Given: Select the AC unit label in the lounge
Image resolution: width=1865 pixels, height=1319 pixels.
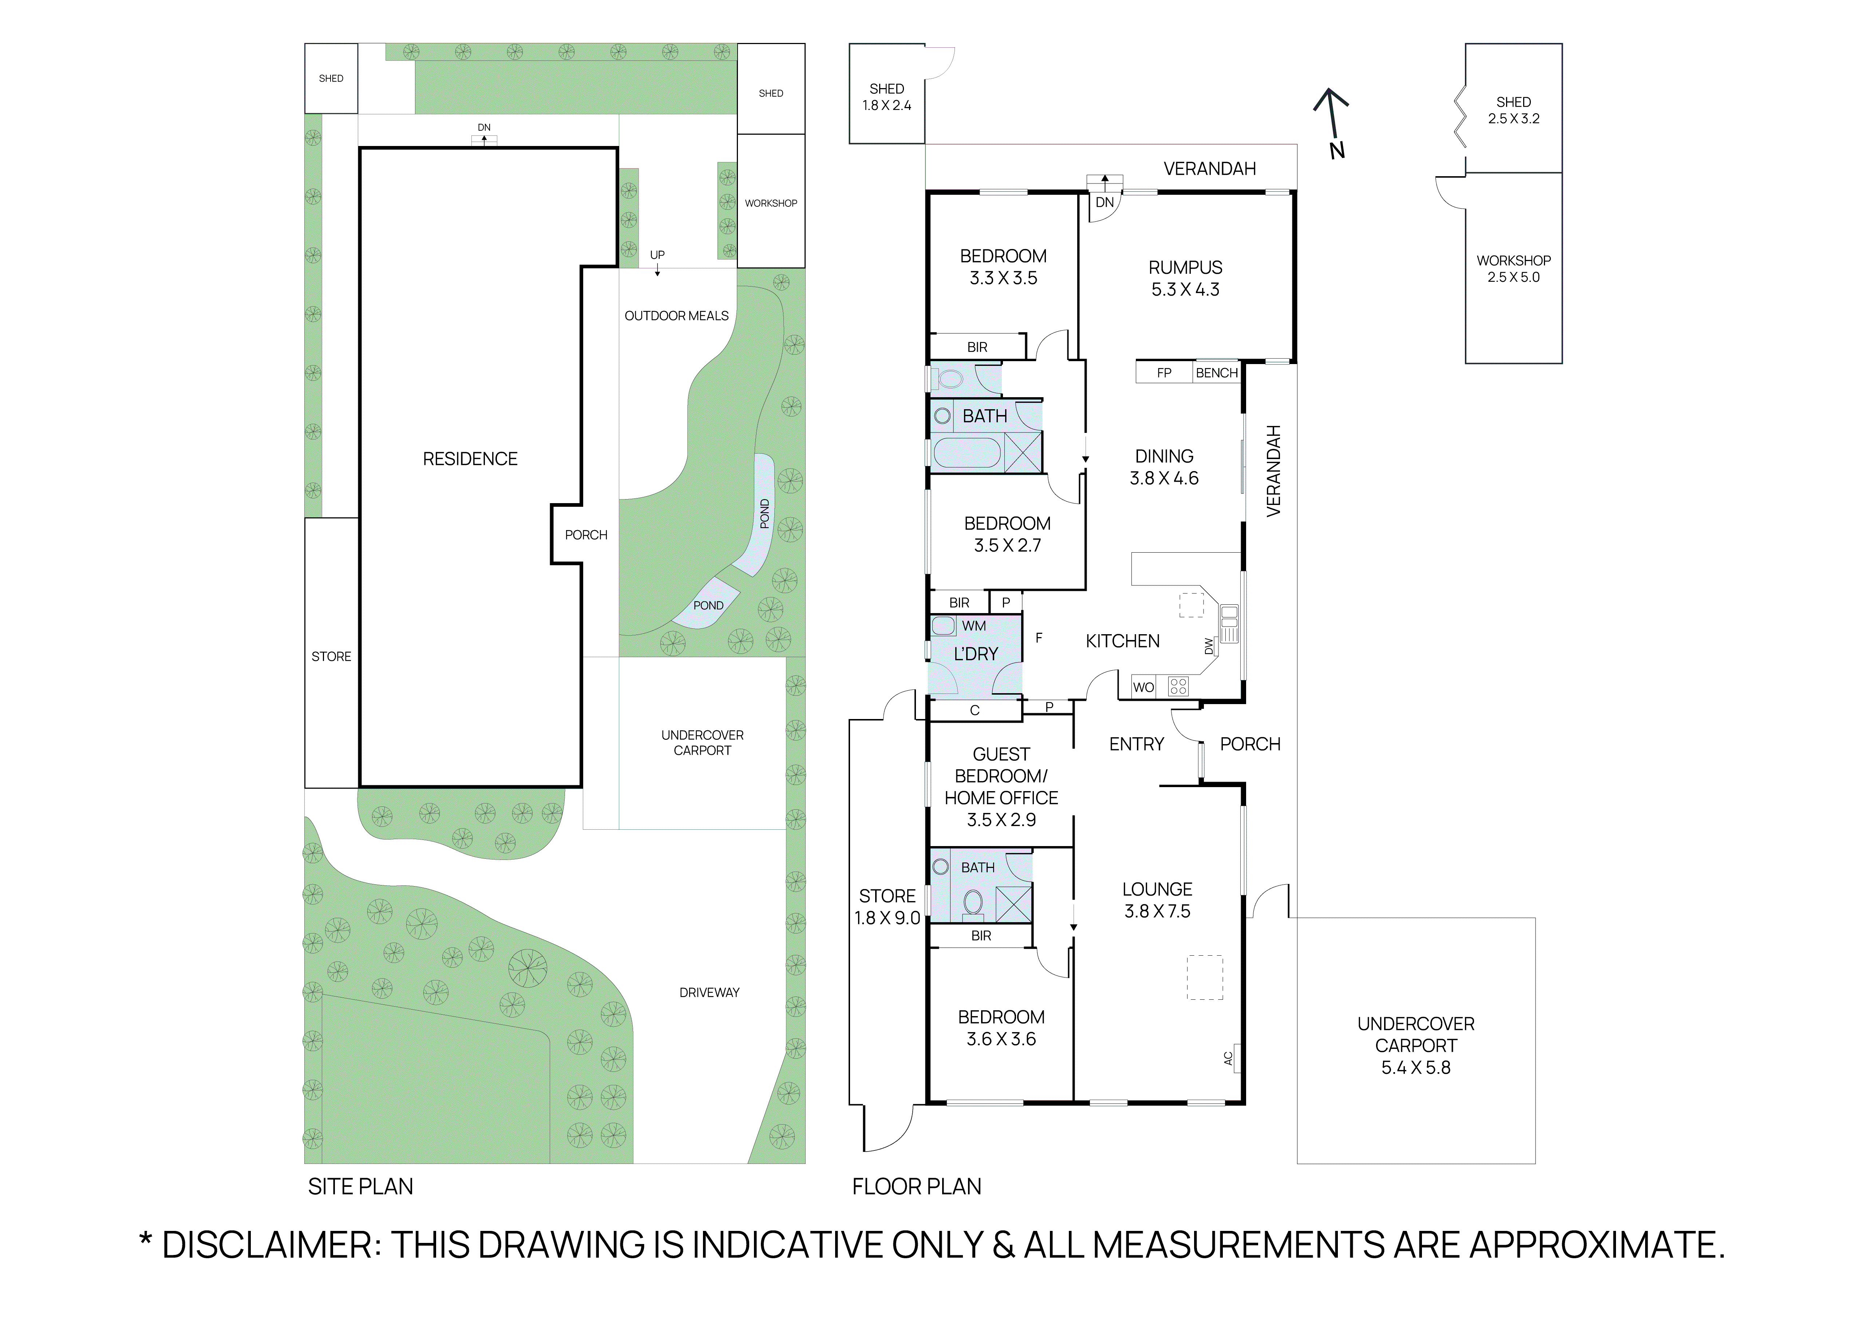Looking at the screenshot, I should click(1228, 1058).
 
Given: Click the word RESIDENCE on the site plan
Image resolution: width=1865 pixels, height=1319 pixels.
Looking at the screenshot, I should click(470, 459).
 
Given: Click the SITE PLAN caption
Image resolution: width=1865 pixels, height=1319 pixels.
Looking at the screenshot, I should click(361, 1186).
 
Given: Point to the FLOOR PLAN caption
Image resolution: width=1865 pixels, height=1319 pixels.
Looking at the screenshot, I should click(916, 1186).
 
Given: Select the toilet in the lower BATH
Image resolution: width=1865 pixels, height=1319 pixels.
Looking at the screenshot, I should click(972, 901).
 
